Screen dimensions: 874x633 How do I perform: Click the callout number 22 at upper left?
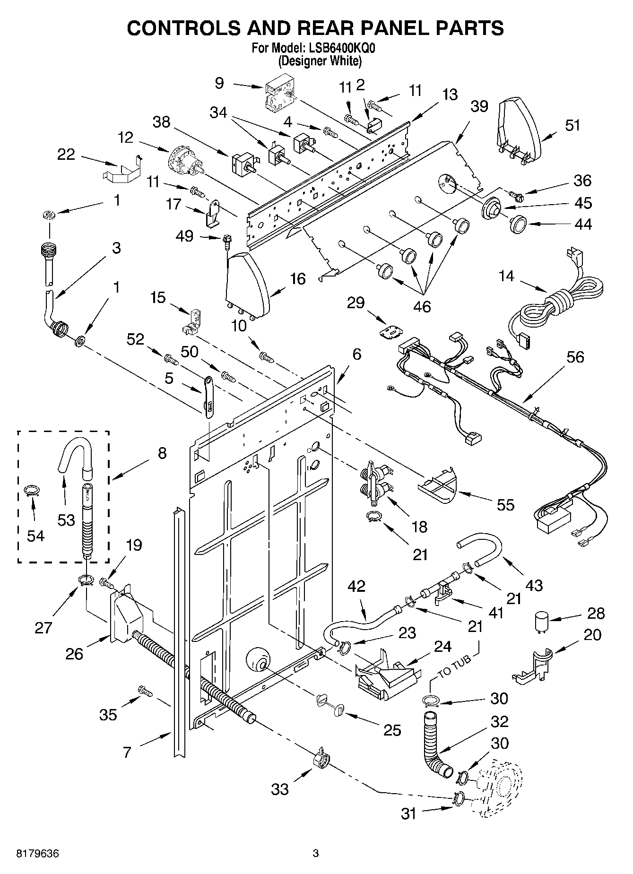coord(66,154)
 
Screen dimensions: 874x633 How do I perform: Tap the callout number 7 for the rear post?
coord(127,752)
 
